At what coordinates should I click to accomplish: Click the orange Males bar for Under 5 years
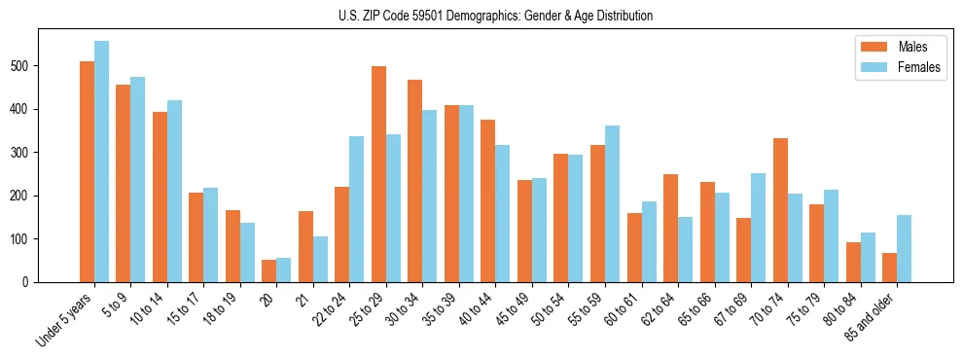point(87,172)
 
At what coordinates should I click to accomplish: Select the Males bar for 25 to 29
point(378,174)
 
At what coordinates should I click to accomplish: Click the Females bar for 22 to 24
point(357,209)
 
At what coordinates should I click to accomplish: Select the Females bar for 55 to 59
point(612,203)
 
